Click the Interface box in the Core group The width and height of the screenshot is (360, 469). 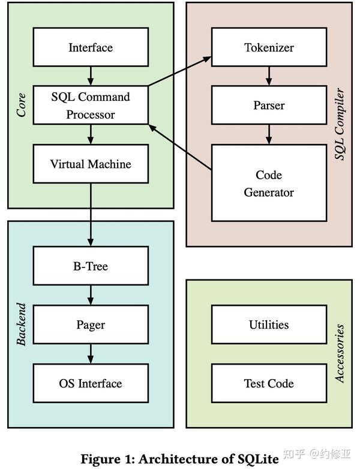point(91,47)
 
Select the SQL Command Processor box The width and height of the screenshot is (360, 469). point(91,105)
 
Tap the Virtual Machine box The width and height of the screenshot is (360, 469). point(91,164)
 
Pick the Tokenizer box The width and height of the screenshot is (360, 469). point(269,47)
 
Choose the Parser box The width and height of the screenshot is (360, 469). point(269,105)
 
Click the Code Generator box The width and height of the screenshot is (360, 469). point(269,184)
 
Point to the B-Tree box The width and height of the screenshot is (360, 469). point(91,266)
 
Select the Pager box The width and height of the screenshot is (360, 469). point(91,324)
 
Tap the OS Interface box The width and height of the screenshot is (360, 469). point(91,383)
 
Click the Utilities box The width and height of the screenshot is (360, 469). point(269,324)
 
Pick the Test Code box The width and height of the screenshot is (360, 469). point(269,383)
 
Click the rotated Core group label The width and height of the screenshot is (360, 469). point(22,104)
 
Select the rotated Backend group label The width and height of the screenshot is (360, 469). point(22,324)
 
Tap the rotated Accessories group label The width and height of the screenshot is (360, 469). point(340,354)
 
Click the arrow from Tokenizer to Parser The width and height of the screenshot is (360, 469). point(269,76)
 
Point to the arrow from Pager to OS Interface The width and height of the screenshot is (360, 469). point(91,354)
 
